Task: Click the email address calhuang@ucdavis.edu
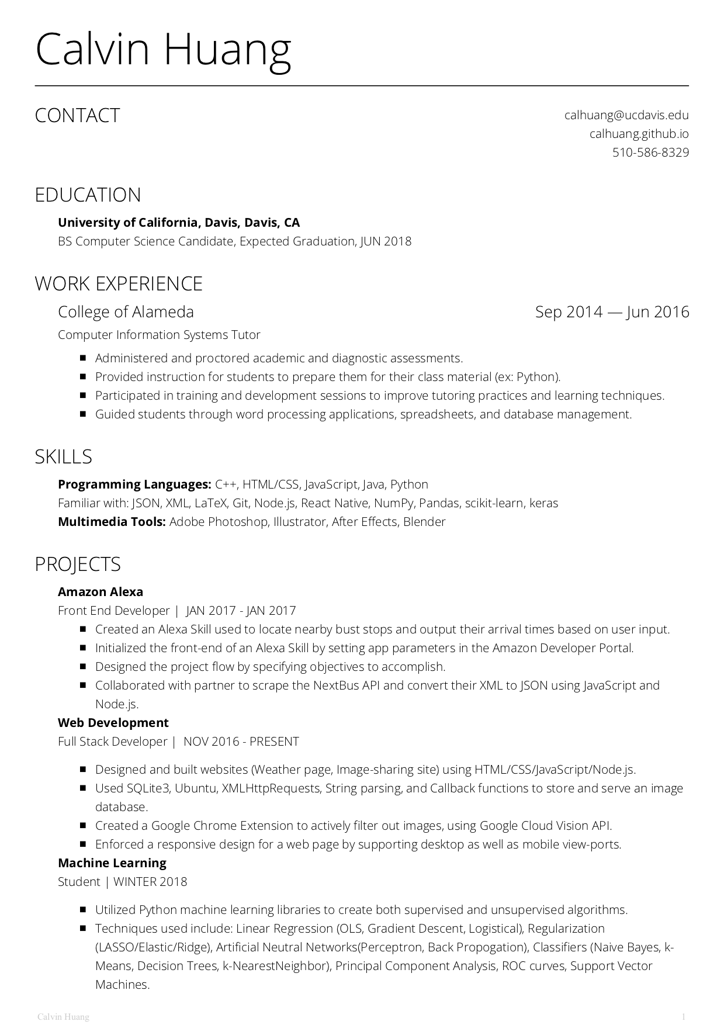tap(626, 115)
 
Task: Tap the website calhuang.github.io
tap(639, 134)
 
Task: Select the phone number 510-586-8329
tap(650, 153)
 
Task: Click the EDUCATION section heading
tap(88, 195)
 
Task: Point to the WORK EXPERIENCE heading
tap(119, 283)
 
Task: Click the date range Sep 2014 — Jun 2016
tap(612, 311)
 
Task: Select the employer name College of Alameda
tap(126, 311)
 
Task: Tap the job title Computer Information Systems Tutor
tap(159, 335)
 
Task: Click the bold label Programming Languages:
tap(134, 484)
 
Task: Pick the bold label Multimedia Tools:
tap(112, 522)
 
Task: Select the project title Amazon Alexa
tap(101, 592)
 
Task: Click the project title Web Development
tap(113, 723)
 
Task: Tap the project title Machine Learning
tap(112, 863)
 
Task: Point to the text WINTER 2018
tap(150, 882)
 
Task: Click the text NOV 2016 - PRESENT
tap(241, 742)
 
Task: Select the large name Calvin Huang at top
tap(163, 50)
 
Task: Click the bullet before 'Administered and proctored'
tap(83, 358)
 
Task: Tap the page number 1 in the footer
tap(683, 1017)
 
